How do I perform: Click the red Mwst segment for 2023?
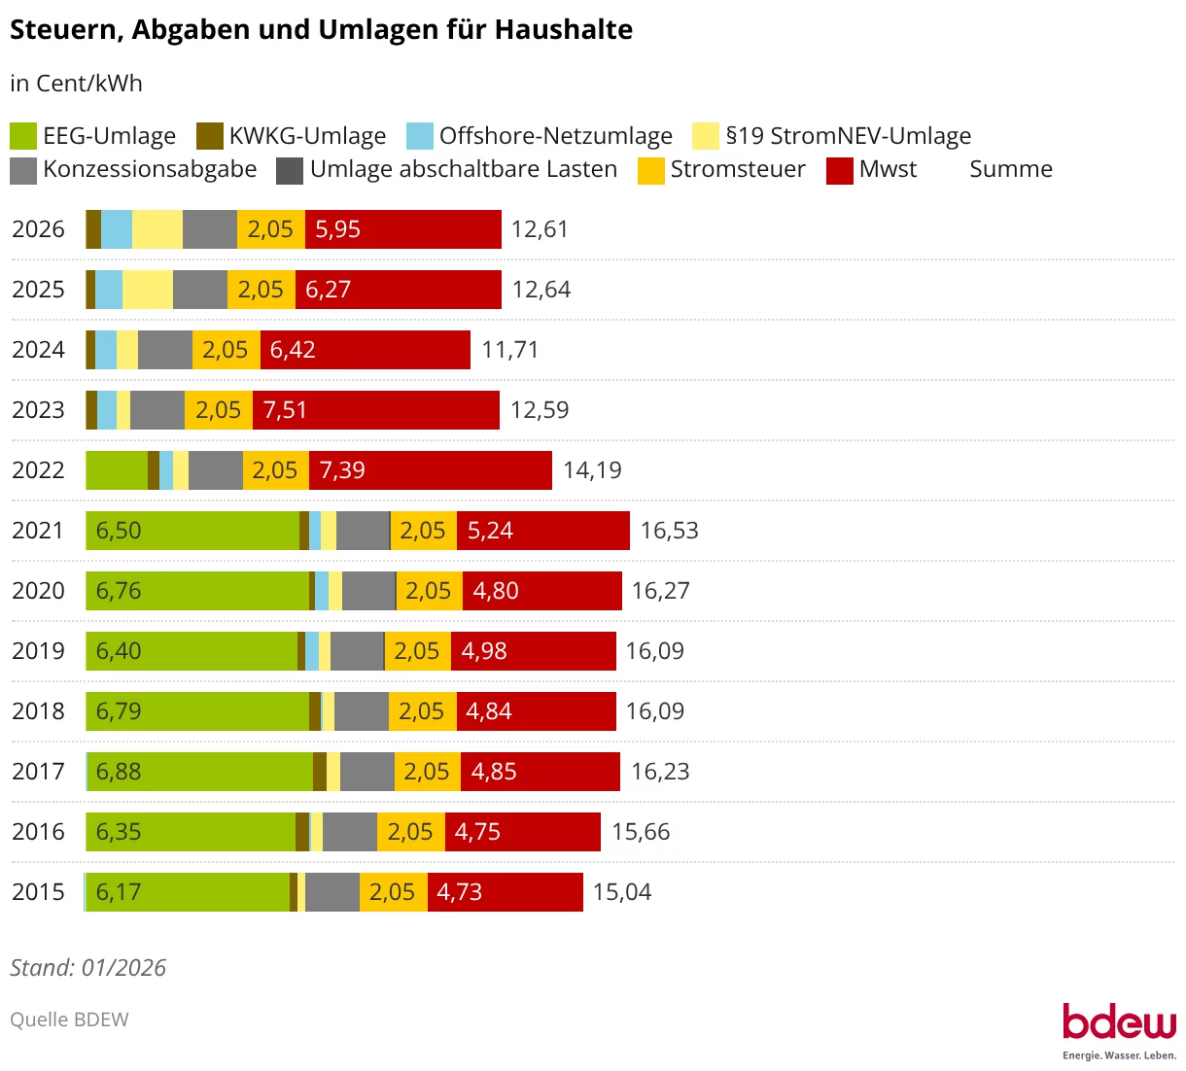pos(376,410)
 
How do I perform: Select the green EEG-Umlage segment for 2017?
pos(199,772)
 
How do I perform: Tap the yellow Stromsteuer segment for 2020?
pos(429,591)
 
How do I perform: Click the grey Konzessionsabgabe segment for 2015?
pos(331,892)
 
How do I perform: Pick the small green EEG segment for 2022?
pos(117,470)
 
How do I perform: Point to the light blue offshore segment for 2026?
pos(117,229)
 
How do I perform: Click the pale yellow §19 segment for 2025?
pos(148,290)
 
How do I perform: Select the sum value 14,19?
pos(592,470)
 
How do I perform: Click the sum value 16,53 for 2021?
pos(669,531)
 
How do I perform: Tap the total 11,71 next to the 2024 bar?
pos(509,350)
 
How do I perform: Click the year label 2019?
pos(38,651)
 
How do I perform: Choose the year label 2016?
pos(38,832)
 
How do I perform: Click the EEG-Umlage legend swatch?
pos(23,136)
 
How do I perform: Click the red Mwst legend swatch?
pos(840,170)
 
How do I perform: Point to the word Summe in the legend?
pos(1011,169)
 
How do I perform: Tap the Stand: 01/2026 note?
pos(87,968)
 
